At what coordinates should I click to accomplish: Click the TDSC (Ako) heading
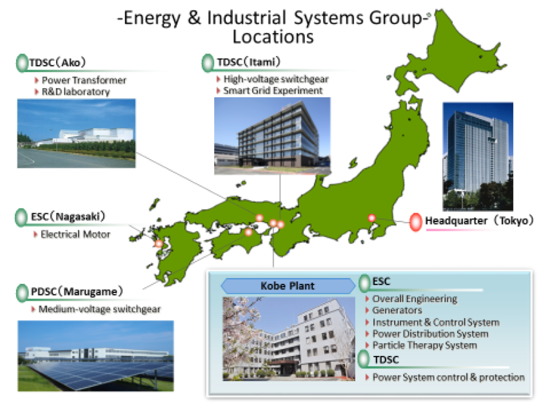tap(57, 62)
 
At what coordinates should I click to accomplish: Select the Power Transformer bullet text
tap(84, 80)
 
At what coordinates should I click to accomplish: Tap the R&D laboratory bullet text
tap(76, 92)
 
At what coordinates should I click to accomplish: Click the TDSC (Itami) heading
tap(249, 62)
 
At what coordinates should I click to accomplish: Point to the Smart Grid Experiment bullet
tap(273, 90)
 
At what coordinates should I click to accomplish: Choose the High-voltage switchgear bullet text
tap(276, 79)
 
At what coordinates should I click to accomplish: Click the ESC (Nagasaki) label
tap(68, 216)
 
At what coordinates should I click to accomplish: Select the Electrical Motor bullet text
tap(75, 234)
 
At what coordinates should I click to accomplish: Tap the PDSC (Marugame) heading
tap(77, 292)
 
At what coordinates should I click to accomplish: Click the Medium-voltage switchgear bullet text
tap(99, 309)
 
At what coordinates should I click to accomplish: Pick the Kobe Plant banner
tap(288, 286)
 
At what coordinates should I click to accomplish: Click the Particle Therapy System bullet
tap(425, 346)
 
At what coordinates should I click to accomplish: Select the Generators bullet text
tap(397, 310)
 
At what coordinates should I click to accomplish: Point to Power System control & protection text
tap(449, 377)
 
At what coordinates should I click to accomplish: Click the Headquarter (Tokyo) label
tap(479, 221)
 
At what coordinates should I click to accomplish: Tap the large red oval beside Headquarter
tap(416, 222)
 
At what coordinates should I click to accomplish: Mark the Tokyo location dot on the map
tap(371, 218)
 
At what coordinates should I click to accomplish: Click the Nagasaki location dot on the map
tap(159, 243)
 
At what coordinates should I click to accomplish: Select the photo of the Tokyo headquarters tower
tap(478, 156)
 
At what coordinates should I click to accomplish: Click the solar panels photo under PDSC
tap(96, 356)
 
